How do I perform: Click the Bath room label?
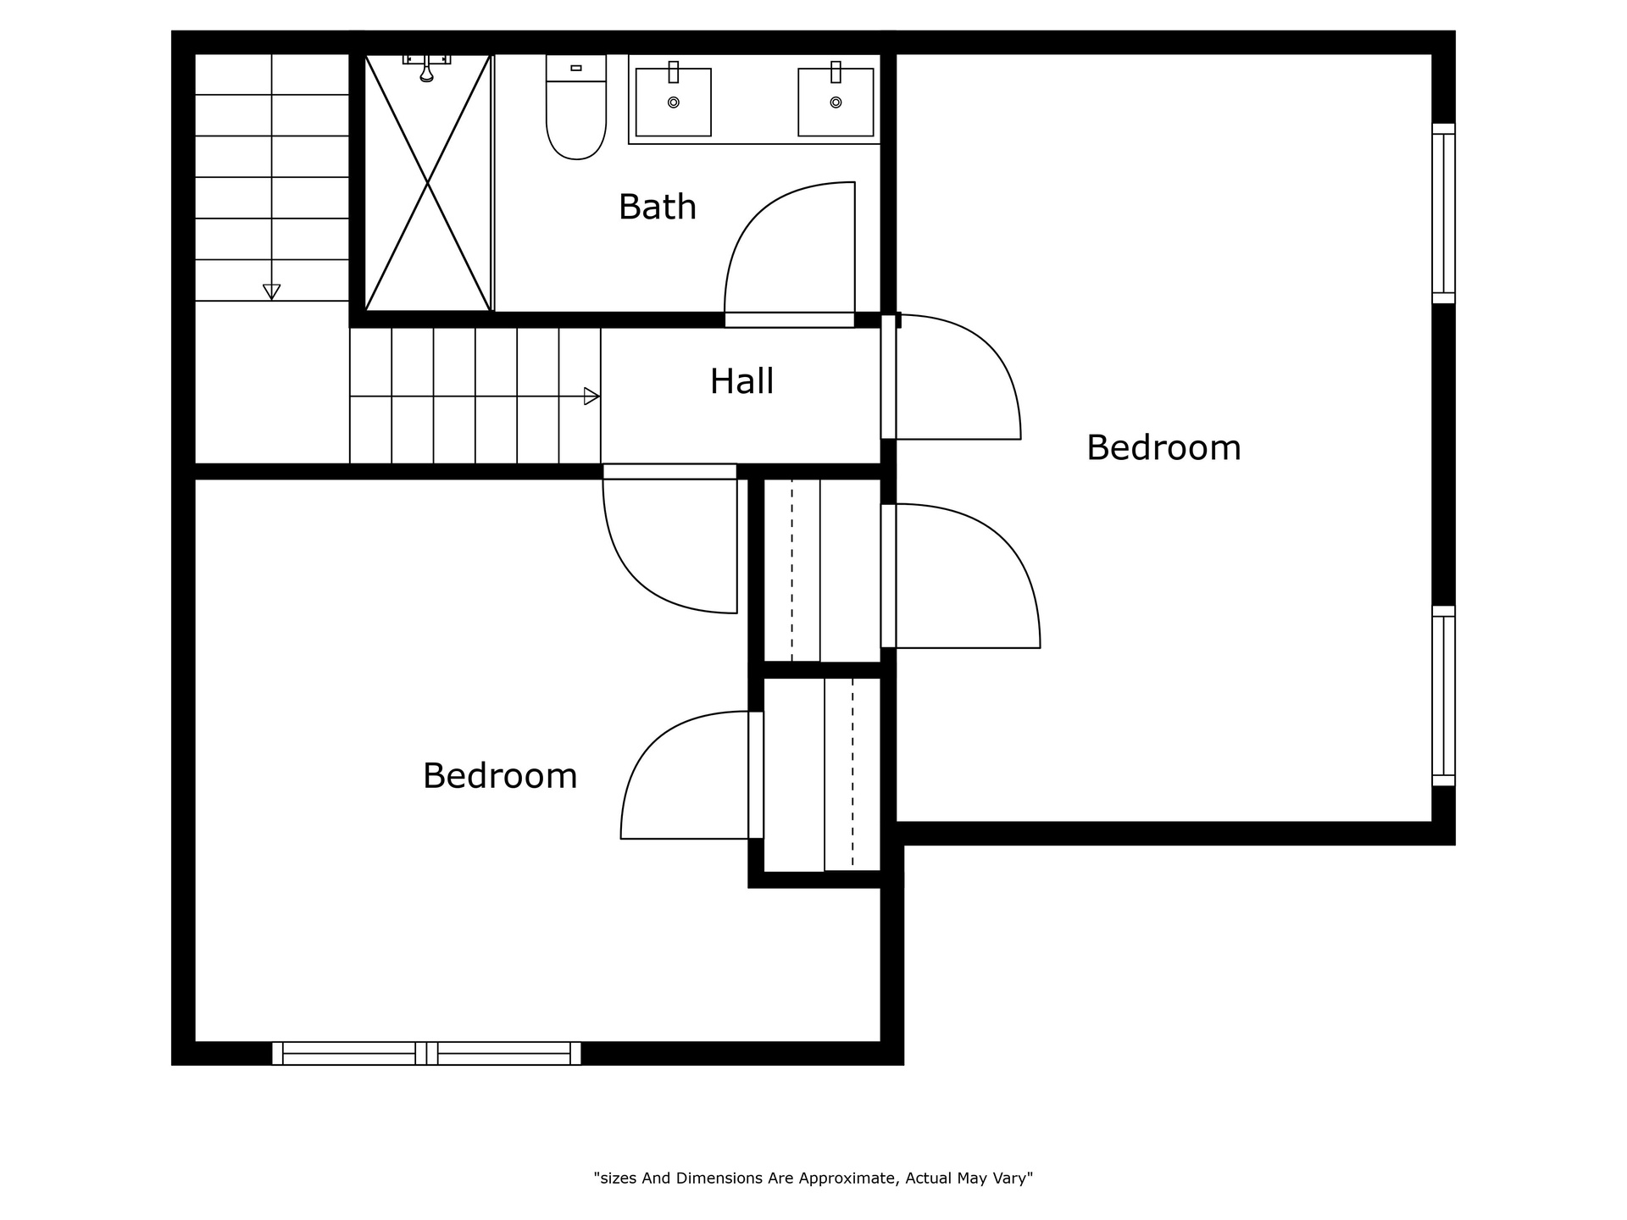[658, 207]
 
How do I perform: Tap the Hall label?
[741, 381]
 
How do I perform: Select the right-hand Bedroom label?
[1163, 447]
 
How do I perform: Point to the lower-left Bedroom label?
[500, 775]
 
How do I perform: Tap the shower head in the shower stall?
[427, 68]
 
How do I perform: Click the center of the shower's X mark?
[427, 183]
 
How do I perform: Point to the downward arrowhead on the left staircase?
[271, 292]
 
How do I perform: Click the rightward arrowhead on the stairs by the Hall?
[592, 396]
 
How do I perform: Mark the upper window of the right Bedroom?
[1444, 213]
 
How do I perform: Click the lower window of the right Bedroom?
[1444, 696]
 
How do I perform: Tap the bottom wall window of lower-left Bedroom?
[426, 1053]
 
